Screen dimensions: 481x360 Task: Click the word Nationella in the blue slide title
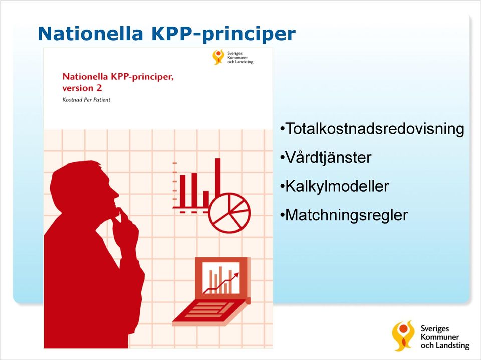91,33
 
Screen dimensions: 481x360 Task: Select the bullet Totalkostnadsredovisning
372,129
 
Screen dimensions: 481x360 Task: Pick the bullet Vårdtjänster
326,158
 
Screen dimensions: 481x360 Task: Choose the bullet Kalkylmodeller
334,186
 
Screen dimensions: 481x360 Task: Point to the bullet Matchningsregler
344,215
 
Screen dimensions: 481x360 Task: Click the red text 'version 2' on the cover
82,88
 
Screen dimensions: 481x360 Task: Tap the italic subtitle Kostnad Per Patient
86,100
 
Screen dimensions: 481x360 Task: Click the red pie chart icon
229,213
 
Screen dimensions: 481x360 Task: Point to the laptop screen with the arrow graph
221,278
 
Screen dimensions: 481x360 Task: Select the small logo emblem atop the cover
218,57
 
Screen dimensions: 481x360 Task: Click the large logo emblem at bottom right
403,336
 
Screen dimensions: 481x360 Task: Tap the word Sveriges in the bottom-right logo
435,329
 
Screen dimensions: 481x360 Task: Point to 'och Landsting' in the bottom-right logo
445,346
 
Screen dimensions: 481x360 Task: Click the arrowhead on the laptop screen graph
236,275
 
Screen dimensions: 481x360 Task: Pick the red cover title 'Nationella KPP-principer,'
118,76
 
